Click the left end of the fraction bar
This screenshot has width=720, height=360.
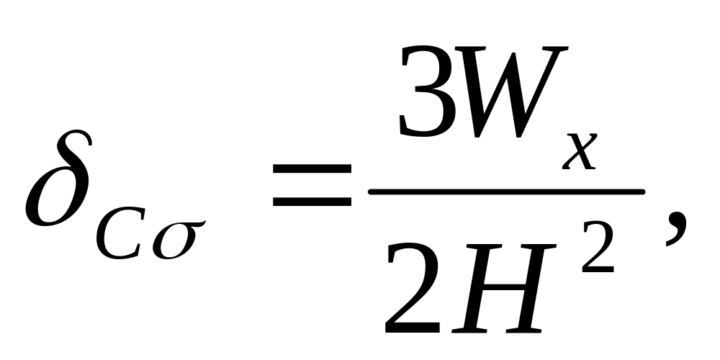point(373,192)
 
